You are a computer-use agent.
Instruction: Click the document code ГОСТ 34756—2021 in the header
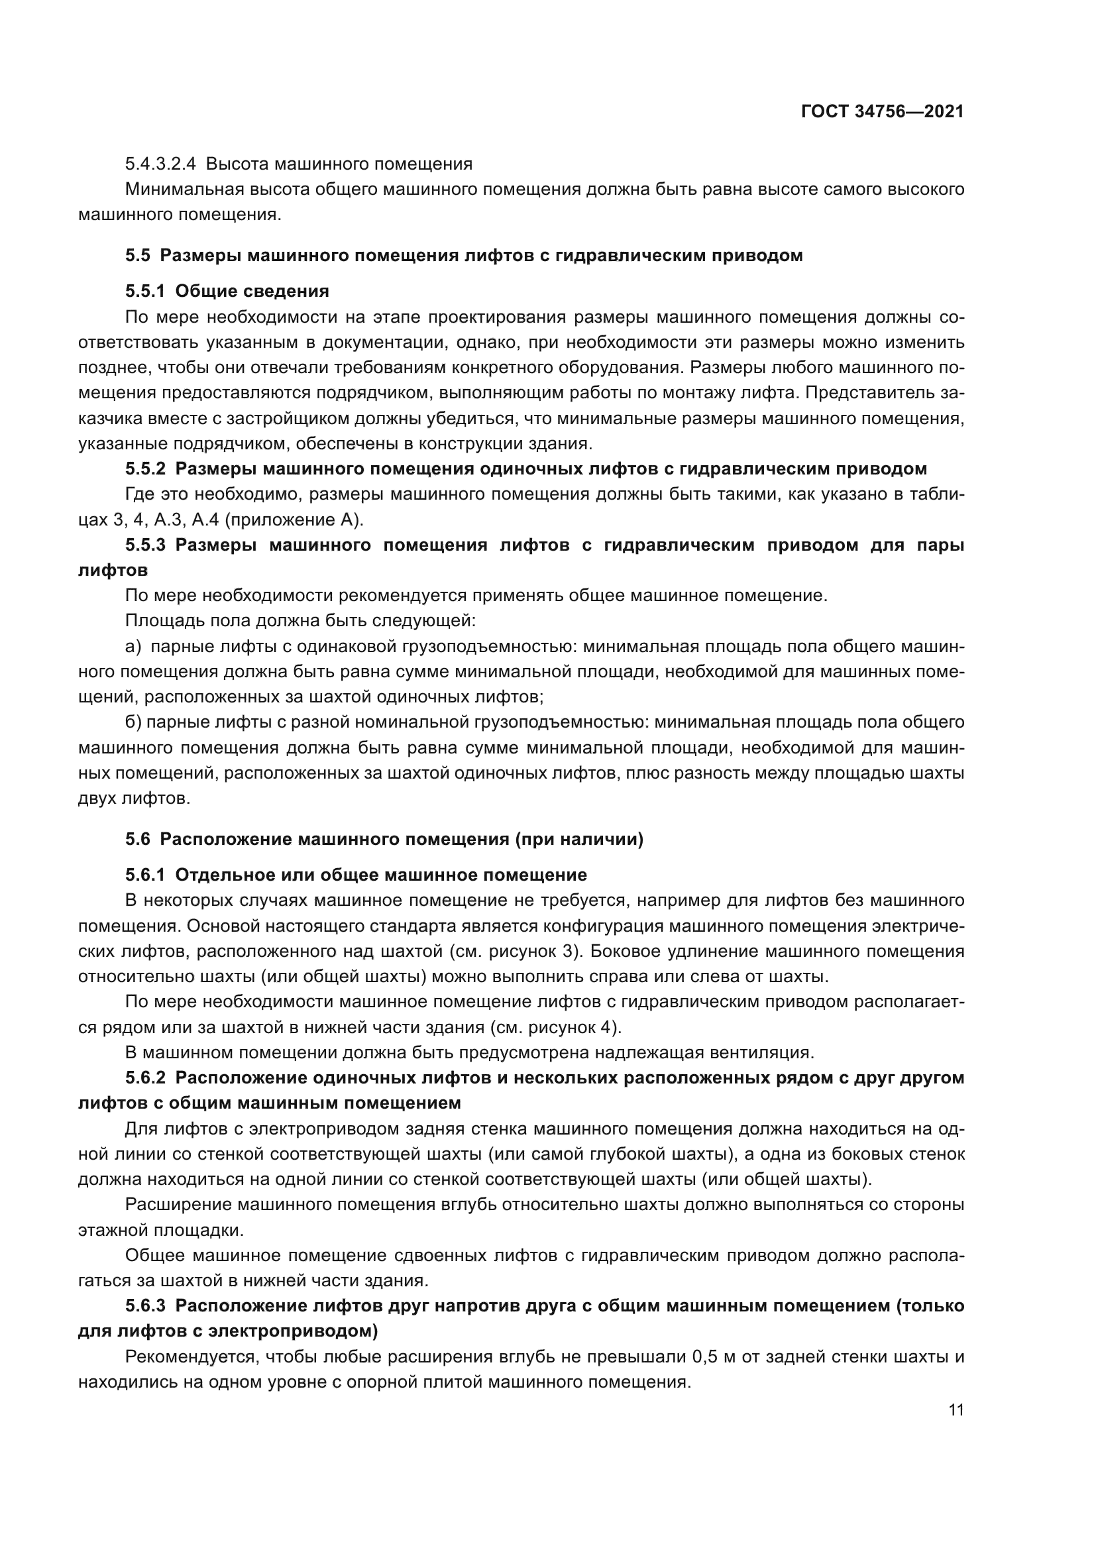882,112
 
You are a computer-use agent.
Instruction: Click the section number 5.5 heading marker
138,256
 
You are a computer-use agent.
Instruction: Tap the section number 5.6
138,839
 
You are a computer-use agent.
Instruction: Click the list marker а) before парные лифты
133,647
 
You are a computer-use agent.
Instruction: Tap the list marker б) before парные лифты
134,722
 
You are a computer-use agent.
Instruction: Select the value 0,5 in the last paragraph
705,1357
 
